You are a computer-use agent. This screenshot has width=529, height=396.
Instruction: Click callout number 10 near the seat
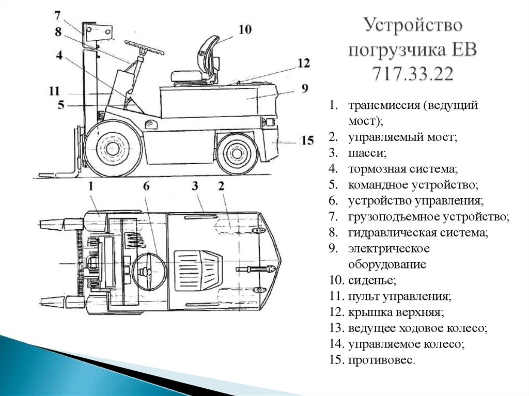point(245,29)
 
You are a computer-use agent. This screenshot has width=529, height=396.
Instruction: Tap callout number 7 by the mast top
point(58,15)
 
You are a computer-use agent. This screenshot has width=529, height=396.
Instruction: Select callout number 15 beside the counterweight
point(307,140)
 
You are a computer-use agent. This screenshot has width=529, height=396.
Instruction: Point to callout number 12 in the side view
point(303,63)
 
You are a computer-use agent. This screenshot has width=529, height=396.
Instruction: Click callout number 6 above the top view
point(146,186)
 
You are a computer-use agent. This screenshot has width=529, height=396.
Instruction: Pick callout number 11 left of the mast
point(54,91)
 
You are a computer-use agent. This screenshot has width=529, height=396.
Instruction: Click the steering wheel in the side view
point(145,47)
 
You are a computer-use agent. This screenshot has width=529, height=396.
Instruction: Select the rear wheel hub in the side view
point(236,153)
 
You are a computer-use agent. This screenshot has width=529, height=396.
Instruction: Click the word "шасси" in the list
point(367,153)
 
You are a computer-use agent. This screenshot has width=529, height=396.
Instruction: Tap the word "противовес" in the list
point(380,360)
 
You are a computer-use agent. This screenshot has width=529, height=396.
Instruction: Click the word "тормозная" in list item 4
point(374,169)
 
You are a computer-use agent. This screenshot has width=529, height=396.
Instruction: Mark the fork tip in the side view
point(39,176)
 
